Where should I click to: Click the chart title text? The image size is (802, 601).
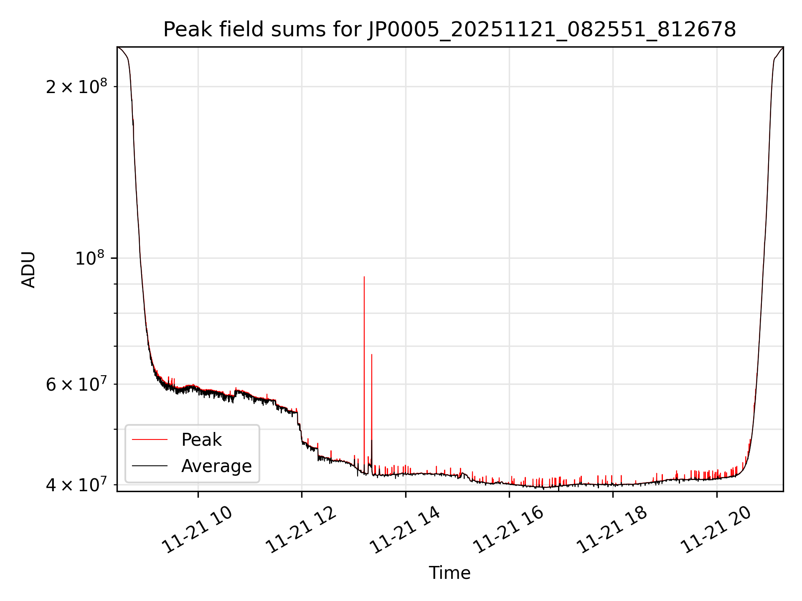449,30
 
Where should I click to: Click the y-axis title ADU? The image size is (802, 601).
28,270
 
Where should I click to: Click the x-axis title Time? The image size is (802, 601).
449,573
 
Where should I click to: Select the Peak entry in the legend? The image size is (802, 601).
201,440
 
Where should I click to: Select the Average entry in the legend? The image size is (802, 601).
216,466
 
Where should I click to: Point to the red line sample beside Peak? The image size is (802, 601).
150,440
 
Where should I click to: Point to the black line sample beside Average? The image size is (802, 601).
150,466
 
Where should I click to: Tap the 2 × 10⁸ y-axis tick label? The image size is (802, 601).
76,87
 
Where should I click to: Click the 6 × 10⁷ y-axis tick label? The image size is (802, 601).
76,384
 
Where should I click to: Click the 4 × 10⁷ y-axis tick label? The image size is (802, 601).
76,485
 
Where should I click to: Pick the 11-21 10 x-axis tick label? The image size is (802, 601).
197,531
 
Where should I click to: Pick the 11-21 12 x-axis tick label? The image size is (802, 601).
301,531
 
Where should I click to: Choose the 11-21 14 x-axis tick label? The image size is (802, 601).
405,531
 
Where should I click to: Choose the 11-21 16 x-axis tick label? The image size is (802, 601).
509,531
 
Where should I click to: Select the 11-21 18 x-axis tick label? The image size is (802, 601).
613,531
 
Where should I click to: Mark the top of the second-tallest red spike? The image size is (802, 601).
372,355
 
